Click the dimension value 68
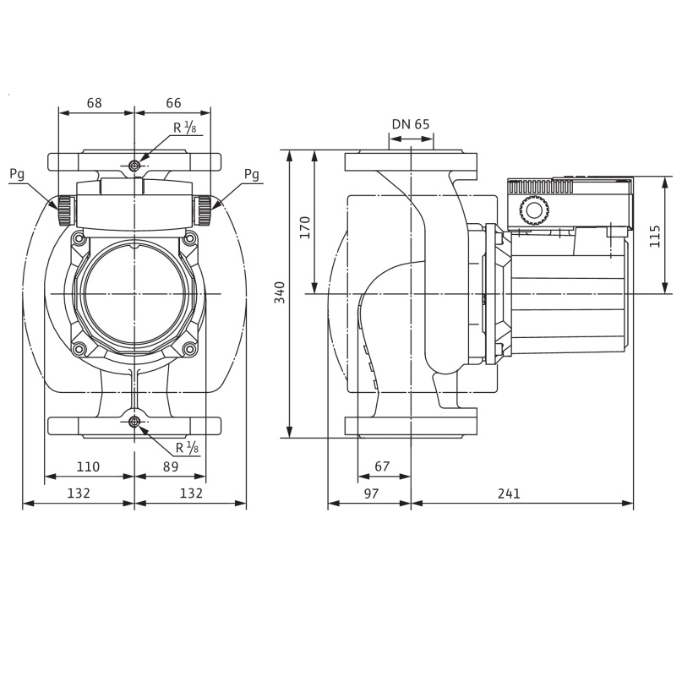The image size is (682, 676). (95, 103)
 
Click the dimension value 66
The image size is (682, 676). (173, 103)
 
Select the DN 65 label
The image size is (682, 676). (411, 124)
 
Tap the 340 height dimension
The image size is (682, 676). (280, 292)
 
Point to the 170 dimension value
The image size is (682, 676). (305, 227)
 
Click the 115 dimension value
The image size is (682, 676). (655, 237)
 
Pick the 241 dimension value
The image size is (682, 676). (509, 493)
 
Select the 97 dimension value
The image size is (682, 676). (371, 493)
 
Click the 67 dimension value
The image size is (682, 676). (382, 466)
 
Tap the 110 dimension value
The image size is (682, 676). (88, 466)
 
